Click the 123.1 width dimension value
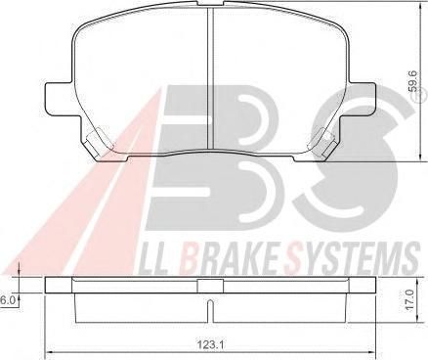point(210,343)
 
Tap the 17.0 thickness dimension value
point(409,299)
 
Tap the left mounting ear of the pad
point(59,99)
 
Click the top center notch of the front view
point(210,3)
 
